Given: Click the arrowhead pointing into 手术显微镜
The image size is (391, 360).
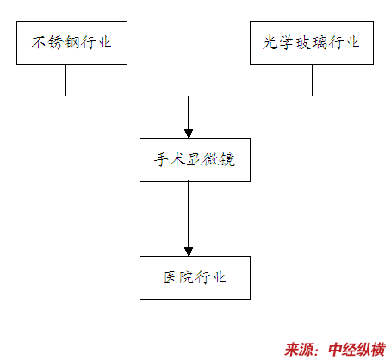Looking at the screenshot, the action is (x=189, y=133).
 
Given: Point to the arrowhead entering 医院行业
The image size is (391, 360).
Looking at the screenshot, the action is (x=189, y=251).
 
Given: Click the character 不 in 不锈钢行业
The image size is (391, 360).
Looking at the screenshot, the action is (x=39, y=42).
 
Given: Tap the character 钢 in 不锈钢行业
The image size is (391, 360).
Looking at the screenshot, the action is (x=71, y=42).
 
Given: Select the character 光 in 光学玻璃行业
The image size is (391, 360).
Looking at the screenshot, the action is (x=270, y=42).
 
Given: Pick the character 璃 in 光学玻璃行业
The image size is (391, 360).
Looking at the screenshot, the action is (x=320, y=42).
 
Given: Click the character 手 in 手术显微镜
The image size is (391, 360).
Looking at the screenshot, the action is (x=162, y=159).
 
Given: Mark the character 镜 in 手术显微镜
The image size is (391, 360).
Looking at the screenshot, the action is (x=227, y=159).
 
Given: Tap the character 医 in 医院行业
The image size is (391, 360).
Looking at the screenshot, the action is (x=171, y=277).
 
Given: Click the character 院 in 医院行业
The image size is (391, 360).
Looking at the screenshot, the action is (x=187, y=277).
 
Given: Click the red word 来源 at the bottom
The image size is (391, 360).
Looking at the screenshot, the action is (x=299, y=350).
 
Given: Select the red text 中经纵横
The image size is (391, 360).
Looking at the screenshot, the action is (x=357, y=350).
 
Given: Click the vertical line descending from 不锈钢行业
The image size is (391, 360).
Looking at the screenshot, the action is (x=66, y=80).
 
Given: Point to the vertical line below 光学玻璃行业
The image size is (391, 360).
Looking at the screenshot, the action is (x=312, y=80).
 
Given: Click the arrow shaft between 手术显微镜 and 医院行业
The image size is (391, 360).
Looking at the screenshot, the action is (x=189, y=214).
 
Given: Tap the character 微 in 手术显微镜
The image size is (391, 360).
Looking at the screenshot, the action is (x=211, y=159).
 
